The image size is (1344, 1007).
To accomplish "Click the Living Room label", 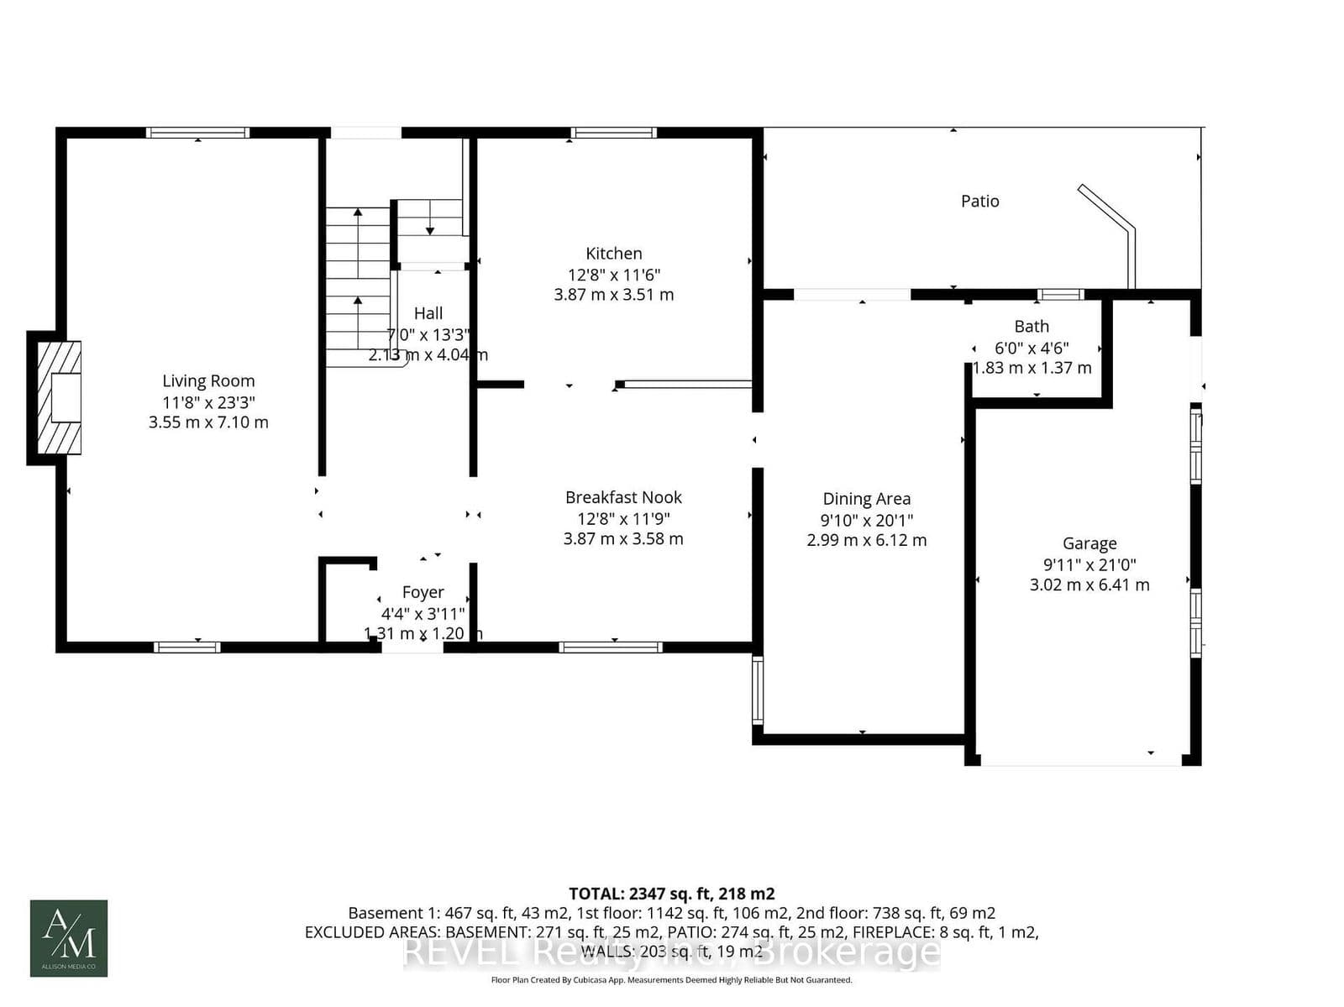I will [x=208, y=380].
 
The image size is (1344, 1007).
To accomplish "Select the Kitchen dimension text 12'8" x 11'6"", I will [x=614, y=275].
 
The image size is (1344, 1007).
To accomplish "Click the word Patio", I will [x=979, y=201].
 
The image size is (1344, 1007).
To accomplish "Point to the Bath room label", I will [x=1032, y=327].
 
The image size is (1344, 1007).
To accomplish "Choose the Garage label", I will [x=1089, y=543].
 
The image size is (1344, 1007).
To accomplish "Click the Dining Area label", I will [x=866, y=499].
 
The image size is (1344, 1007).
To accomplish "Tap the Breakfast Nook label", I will [x=623, y=497].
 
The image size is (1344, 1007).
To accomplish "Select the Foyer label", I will [x=423, y=592].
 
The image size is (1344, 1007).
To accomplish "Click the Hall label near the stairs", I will [x=428, y=313].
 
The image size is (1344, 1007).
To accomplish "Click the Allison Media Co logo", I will [x=69, y=938].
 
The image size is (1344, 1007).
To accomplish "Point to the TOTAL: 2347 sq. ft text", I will [x=671, y=894].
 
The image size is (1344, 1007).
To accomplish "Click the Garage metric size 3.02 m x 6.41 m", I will [x=1089, y=585].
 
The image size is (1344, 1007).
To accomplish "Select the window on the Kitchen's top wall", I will [x=613, y=133].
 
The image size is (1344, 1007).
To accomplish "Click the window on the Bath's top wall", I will [x=1060, y=294].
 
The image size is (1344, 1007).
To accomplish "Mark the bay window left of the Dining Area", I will [x=757, y=690].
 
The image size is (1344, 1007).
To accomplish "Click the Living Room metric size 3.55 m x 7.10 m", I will [x=208, y=422].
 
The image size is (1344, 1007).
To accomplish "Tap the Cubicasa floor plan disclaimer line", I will [x=671, y=980].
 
